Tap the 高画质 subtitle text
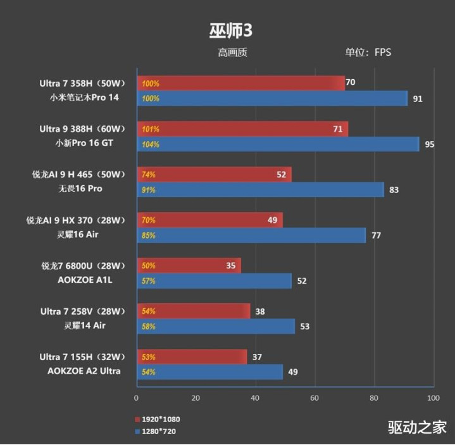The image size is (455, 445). pos(232,53)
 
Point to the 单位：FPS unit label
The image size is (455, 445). pos(368,53)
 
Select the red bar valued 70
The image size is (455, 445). pos(240,83)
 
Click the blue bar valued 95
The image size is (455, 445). pos(278,144)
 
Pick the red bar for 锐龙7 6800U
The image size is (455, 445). pos(189,266)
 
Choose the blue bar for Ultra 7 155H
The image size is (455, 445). pos(209,372)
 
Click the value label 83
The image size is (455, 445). pos(394,190)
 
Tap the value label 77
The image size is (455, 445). pos(376,235)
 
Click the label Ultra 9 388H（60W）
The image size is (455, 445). pos(83,129)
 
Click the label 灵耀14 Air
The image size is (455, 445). pos(82,326)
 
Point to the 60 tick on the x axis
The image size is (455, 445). pos(315,398)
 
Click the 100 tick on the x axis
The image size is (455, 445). pos(433,398)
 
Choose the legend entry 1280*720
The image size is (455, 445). pos(159,431)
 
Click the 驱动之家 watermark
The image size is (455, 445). pos(417,427)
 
